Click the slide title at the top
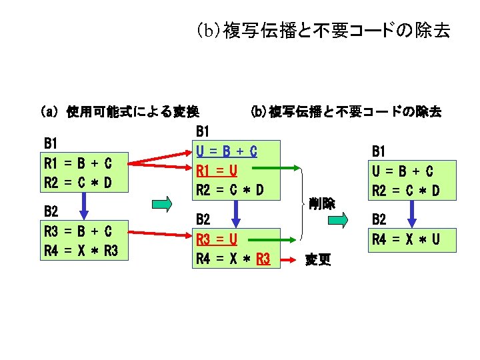click(323, 31)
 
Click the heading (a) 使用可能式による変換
click(120, 112)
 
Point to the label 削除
click(321, 204)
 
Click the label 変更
click(317, 259)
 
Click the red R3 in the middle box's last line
click(261, 258)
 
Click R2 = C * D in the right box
click(405, 191)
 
